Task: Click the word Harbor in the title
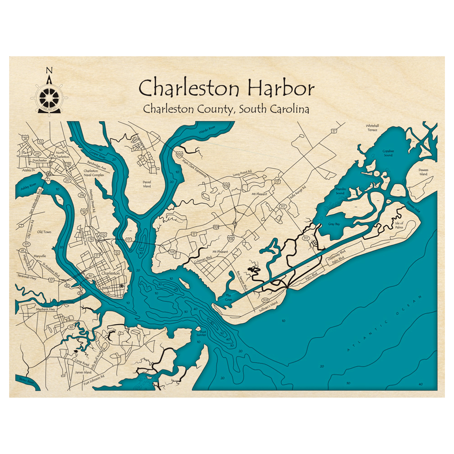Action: (x=278, y=88)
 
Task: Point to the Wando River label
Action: (x=206, y=131)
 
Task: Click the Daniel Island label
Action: (x=147, y=183)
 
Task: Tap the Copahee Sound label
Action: (x=388, y=153)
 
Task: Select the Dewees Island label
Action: (x=423, y=172)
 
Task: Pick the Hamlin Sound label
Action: (x=340, y=190)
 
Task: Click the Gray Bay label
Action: (x=334, y=224)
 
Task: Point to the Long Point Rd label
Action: (x=242, y=174)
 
